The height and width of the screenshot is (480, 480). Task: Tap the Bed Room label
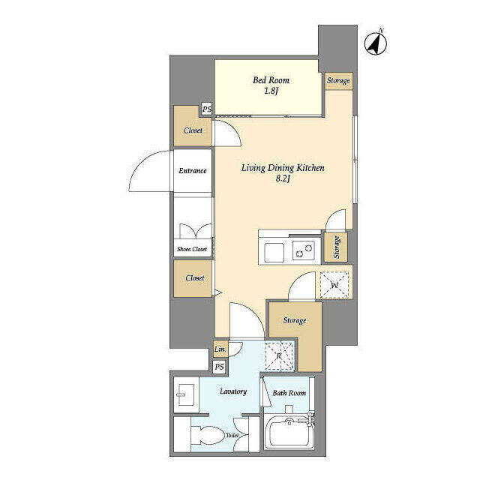[x=271, y=80]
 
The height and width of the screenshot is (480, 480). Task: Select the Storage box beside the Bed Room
[x=337, y=81]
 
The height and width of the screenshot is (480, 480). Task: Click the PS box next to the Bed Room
[x=206, y=110]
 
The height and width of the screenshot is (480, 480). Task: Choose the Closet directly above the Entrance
[x=193, y=130]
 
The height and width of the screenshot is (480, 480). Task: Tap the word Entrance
[x=192, y=171]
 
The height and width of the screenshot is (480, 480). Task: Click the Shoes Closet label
[x=192, y=249]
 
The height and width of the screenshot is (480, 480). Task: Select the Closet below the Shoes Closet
[x=194, y=278]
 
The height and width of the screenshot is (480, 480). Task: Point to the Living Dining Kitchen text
[x=282, y=168]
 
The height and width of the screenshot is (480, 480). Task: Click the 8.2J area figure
[x=282, y=180]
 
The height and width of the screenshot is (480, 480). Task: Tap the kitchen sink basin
[x=272, y=251]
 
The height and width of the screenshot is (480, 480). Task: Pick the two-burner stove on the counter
[x=304, y=251]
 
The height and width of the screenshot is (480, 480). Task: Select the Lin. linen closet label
[x=220, y=350]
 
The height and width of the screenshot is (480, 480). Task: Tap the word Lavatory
[x=233, y=391]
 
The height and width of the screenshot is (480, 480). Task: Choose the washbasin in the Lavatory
[x=184, y=394]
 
